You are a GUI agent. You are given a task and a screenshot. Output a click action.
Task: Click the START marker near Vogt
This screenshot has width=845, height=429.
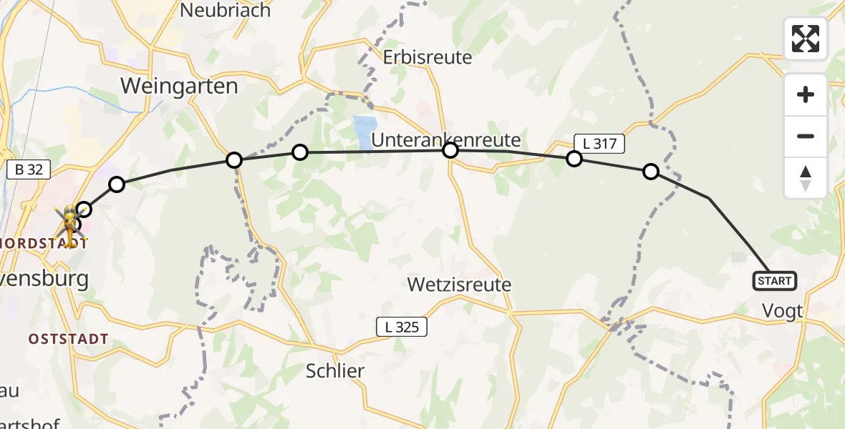tap(774, 281)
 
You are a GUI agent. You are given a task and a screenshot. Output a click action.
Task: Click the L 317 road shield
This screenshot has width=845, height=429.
tap(599, 144)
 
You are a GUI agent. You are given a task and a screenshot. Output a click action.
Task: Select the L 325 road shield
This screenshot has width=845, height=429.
tap(402, 327)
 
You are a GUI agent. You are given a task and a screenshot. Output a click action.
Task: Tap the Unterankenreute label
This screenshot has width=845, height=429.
tap(445, 139)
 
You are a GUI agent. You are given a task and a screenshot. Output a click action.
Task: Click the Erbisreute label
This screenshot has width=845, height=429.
tap(428, 57)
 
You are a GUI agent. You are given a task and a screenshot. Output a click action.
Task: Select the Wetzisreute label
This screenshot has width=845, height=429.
tap(459, 285)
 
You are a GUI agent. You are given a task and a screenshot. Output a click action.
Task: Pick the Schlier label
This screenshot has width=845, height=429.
tap(335, 371)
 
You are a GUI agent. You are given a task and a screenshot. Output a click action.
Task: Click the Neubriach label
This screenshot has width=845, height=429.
tap(226, 11)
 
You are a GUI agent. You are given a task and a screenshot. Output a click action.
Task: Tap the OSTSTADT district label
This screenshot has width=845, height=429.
tap(69, 339)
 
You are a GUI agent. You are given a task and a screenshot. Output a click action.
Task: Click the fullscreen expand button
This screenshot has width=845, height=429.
tap(805, 39)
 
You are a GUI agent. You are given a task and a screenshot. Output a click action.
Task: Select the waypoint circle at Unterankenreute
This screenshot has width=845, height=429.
tap(450, 150)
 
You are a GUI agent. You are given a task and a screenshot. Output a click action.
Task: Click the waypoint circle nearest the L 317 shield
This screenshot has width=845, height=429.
tap(574, 159)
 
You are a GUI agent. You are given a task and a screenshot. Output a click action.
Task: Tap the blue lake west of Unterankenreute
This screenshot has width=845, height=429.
tap(363, 133)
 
